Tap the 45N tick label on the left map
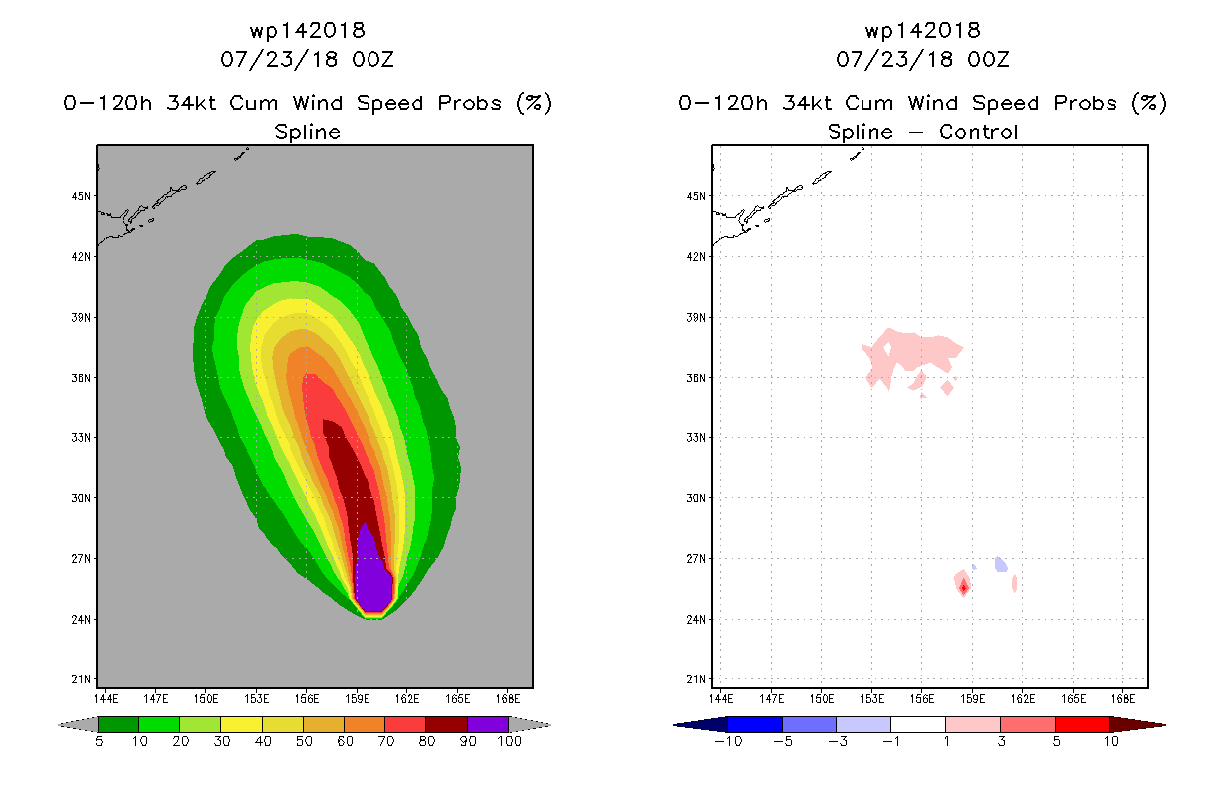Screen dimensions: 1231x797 click(81, 196)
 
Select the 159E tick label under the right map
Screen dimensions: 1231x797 click(972, 699)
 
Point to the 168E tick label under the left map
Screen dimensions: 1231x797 click(508, 699)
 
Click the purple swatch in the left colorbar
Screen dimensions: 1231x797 click(488, 724)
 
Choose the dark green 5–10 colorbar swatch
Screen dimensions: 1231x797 click(119, 724)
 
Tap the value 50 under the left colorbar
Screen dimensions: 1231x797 click(304, 741)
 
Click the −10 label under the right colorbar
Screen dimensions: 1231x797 click(728, 741)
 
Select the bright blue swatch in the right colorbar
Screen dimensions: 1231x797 click(755, 724)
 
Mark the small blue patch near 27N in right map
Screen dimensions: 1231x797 click(1001, 565)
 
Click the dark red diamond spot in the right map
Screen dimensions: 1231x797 click(963, 588)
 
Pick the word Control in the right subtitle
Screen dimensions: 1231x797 click(978, 132)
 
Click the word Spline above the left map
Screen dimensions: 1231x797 click(307, 133)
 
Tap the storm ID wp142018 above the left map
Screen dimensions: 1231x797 click(307, 30)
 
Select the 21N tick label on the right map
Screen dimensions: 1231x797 click(696, 679)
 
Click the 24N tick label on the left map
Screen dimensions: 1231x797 click(81, 619)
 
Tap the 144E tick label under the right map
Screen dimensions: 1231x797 click(721, 699)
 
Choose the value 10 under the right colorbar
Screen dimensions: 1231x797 click(1110, 741)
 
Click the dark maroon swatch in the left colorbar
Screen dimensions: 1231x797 click(447, 724)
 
